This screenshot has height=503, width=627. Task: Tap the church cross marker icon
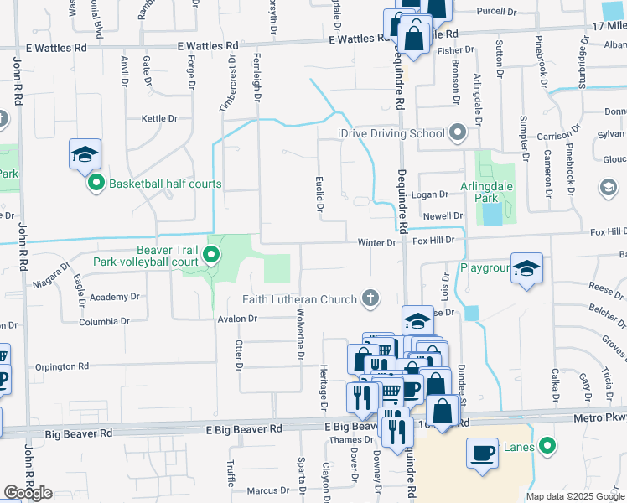pos(370,298)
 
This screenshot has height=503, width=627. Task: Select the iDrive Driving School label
pos(391,133)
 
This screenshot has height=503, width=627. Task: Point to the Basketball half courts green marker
pos(96,184)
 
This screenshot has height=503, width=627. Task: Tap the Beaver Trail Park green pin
pos(212,254)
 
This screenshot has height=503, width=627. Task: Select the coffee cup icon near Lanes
pos(482,453)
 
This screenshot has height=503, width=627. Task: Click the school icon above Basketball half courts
pos(85,154)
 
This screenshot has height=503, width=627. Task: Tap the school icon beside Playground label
pos(526,269)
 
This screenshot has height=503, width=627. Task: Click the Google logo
pos(28,493)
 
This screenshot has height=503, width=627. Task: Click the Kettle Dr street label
pos(160,119)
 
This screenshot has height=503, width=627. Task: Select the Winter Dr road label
pos(376,242)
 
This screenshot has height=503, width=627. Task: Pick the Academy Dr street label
pos(115,297)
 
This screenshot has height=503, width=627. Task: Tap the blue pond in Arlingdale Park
pos(492,215)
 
